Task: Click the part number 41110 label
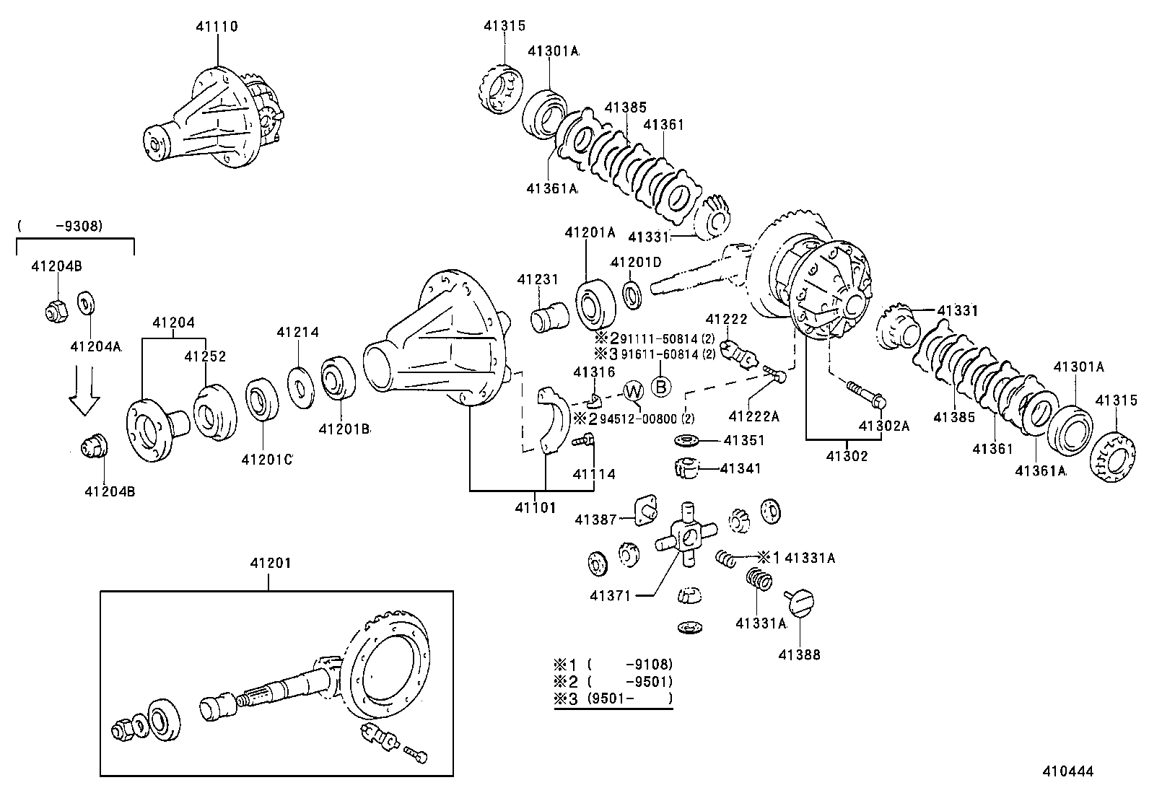coord(217,27)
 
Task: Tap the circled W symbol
coord(633,392)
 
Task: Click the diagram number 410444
coord(1067,771)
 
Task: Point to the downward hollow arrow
coord(85,390)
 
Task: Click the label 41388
coord(799,655)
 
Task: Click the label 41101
coord(535,507)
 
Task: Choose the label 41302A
coord(883,426)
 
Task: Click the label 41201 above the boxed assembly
coord(269,564)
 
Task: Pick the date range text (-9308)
coord(61,226)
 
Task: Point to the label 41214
coord(297,333)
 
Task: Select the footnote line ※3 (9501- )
coord(613,698)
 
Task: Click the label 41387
coord(595,520)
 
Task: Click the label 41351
coord(744,440)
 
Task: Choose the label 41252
coord(205,356)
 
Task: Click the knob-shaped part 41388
coord(801,602)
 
